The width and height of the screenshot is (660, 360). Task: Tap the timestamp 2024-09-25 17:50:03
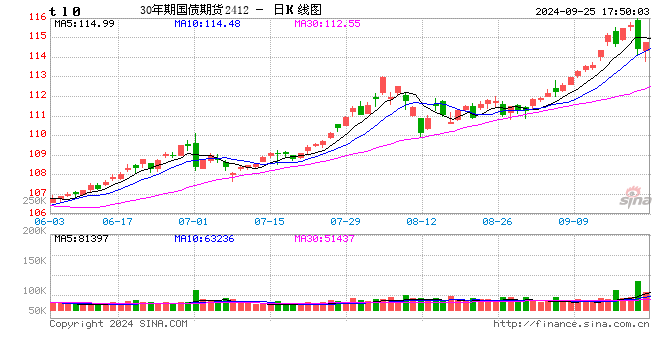(590, 10)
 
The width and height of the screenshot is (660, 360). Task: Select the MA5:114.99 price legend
(85, 23)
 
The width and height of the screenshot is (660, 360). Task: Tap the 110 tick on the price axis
(37, 135)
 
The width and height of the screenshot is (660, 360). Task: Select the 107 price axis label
(37, 193)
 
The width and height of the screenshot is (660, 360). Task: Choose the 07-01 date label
(194, 220)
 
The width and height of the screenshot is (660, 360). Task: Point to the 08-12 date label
(421, 220)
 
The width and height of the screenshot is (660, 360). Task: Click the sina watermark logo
(627, 200)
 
